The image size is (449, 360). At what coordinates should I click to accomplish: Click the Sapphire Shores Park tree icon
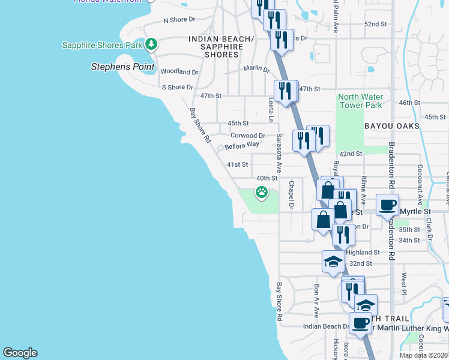152,44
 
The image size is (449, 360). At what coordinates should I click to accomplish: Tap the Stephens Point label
122,67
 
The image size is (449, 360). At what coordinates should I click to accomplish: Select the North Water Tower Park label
360,101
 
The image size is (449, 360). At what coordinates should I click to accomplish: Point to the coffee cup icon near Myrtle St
388,205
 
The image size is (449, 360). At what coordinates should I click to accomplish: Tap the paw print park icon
262,193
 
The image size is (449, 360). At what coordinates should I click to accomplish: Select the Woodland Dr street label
179,72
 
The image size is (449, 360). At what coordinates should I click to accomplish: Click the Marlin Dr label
256,69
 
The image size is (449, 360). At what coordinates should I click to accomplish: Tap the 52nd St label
375,24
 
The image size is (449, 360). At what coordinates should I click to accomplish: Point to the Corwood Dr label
247,136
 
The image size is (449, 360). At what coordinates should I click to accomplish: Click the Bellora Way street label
242,145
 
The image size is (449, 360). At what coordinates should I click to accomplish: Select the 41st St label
237,164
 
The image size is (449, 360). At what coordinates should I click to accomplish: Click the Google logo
20,353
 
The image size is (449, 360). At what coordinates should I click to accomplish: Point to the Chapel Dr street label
291,195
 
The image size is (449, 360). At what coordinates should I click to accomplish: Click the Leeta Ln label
271,111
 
